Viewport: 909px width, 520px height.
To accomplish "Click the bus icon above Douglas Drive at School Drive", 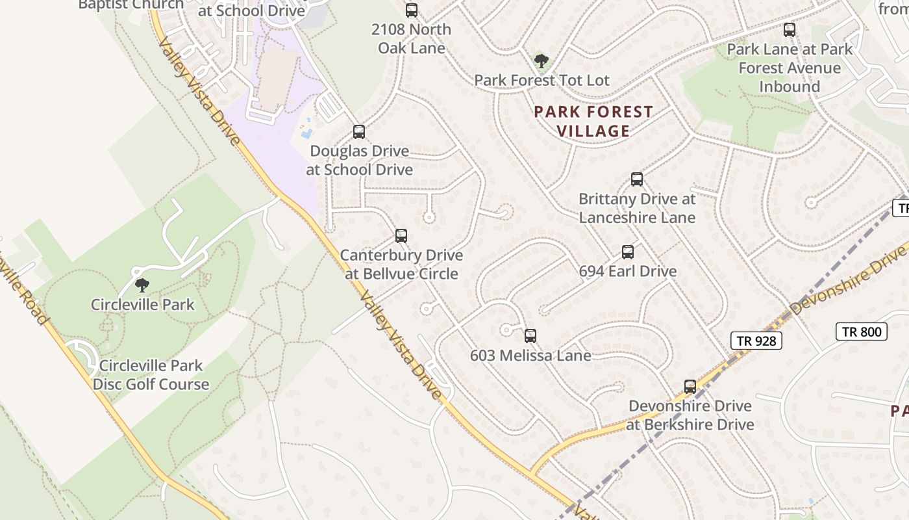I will click(359, 132).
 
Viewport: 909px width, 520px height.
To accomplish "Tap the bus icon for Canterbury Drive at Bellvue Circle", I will click(401, 236).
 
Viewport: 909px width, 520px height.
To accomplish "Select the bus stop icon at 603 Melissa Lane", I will click(530, 336).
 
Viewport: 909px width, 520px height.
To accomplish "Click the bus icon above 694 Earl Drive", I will click(628, 252).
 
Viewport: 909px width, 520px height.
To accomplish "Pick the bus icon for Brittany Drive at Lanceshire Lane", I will click(637, 179).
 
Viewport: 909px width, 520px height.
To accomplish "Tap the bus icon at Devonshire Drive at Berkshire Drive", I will click(690, 387).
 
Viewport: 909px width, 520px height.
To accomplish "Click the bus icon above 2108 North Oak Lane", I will click(412, 10).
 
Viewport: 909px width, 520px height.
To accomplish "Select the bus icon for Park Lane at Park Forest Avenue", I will click(790, 30).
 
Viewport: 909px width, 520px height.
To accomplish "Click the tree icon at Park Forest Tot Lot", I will click(541, 61).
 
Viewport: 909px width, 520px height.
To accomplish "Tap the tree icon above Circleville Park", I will click(142, 285).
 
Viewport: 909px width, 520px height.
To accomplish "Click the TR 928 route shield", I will click(756, 340).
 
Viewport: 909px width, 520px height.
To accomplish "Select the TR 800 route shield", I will click(862, 331).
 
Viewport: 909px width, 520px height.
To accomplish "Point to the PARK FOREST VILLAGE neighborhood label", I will click(593, 122).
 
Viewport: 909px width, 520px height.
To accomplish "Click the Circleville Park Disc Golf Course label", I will click(151, 375).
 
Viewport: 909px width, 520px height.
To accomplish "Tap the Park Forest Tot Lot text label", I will click(542, 81).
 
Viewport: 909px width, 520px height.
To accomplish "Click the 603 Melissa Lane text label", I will click(530, 356).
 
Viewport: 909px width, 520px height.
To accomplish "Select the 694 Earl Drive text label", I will click(628, 271).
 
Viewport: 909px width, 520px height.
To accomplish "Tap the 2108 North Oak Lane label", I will click(412, 38).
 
